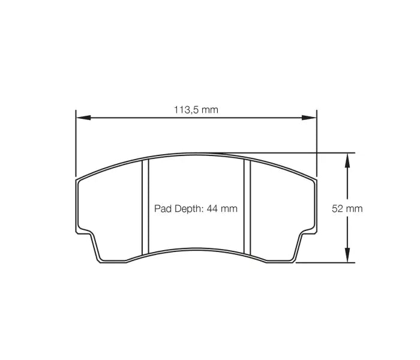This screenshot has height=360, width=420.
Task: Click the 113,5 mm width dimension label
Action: pos(196,110)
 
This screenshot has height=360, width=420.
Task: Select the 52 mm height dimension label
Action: pos(347,209)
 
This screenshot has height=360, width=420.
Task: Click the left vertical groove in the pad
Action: pos(144,207)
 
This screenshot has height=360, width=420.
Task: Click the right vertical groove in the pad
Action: pos(247,207)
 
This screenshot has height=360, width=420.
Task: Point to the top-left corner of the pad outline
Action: pos(78,179)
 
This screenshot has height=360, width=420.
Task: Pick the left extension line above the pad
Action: pos(76,144)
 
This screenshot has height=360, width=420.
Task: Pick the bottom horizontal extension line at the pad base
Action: pos(324,262)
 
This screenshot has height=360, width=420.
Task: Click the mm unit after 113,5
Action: pos(209,110)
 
